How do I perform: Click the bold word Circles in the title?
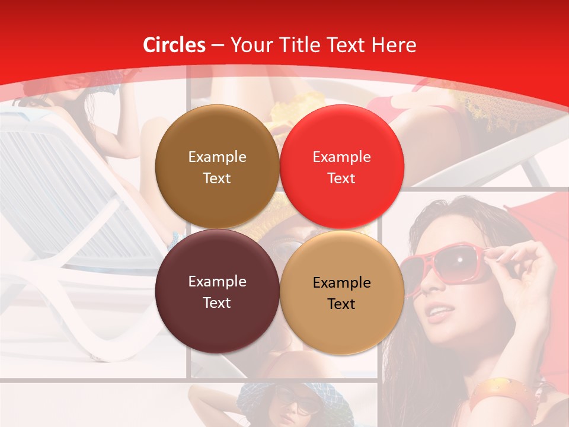pos(174,45)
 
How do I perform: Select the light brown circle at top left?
pos(217,167)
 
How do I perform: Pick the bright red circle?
pos(341,167)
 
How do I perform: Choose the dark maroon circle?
pos(217,291)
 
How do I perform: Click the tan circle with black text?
pos(341,292)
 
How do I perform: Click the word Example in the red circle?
pos(341,157)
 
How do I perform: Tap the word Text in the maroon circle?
pos(217,302)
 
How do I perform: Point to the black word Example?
pos(341,283)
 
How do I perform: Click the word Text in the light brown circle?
pos(217,178)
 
